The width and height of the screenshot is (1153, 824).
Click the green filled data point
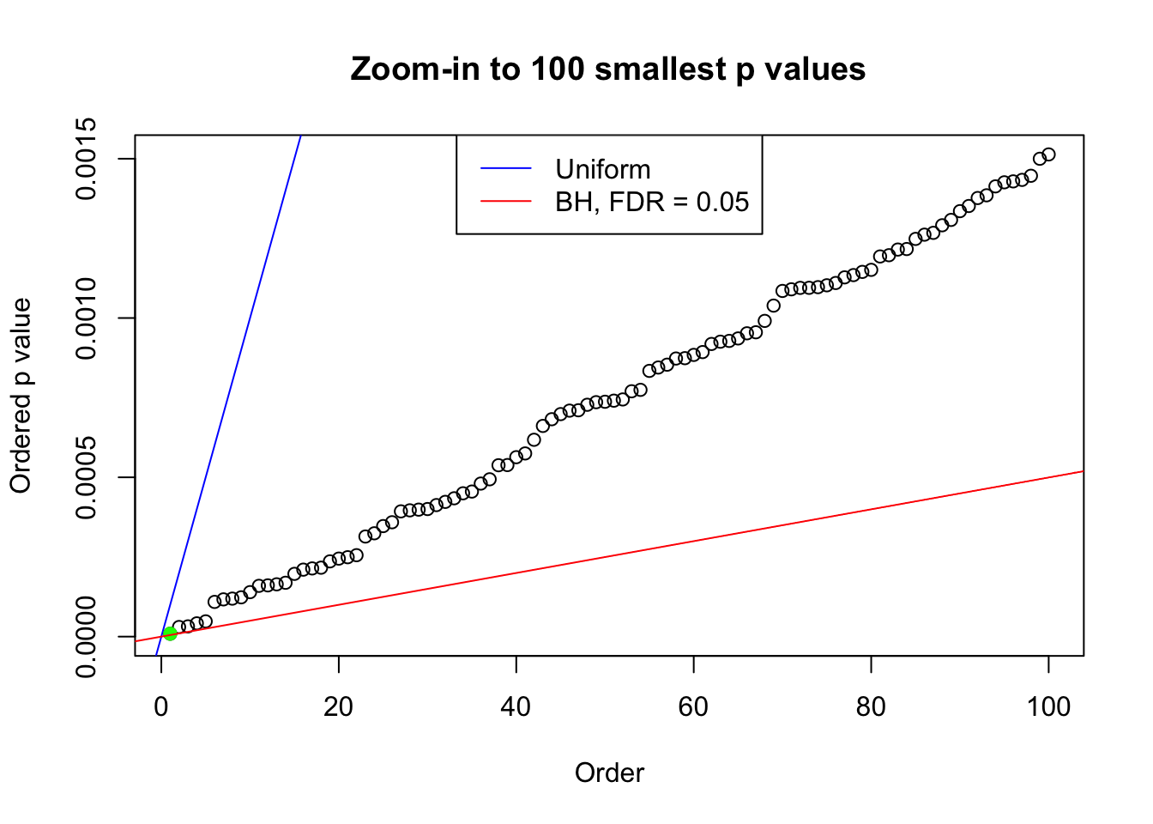coord(170,633)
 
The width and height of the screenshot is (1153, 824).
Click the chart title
coord(608,69)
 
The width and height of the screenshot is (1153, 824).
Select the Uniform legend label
coord(602,169)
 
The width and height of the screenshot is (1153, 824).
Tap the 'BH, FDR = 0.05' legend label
coord(652,202)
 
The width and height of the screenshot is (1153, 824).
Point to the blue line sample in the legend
coord(506,169)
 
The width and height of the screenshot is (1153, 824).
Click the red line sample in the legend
coord(506,202)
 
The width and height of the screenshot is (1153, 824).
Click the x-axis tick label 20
coord(339,706)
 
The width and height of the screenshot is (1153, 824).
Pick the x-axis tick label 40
coord(516,706)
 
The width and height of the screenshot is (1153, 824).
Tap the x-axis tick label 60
coord(693,706)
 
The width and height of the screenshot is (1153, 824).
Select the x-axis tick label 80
coord(871,706)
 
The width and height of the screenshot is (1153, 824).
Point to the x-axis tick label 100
coord(1048,706)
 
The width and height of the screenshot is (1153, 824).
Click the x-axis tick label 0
coord(161,706)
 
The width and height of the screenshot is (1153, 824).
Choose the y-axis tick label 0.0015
coord(86,159)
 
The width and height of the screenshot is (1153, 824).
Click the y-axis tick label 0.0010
coord(86,318)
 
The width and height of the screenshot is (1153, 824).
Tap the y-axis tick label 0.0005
coord(86,477)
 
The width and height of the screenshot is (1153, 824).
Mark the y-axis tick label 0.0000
coord(86,637)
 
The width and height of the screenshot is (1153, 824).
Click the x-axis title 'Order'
coord(609,772)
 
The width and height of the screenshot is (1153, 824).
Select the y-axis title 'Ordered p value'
coord(21,396)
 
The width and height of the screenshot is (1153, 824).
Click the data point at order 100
coord(1048,154)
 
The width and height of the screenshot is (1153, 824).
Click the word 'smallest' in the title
coord(660,69)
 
